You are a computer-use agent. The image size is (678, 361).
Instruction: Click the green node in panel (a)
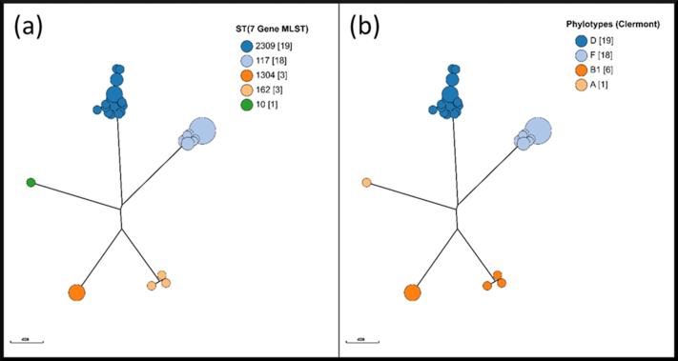pyautogui.click(x=31, y=182)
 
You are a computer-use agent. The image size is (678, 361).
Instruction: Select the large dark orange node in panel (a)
pyautogui.click(x=76, y=292)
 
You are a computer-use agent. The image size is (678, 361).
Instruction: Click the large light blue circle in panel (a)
pyautogui.click(x=202, y=130)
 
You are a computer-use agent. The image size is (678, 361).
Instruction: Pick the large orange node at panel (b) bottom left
pyautogui.click(x=412, y=292)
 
